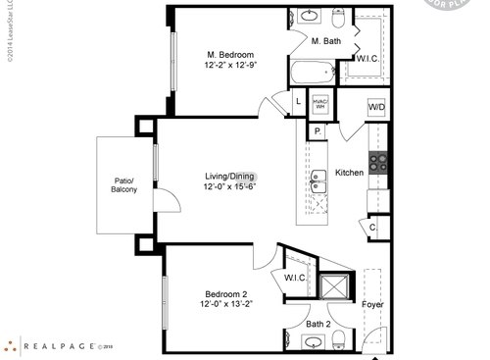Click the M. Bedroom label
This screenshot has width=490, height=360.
pyautogui.click(x=230, y=54)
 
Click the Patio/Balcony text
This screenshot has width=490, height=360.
pyautogui.click(x=124, y=184)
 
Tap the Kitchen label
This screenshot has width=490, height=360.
pyautogui.click(x=350, y=172)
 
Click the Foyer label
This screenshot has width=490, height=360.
pyautogui.click(x=372, y=304)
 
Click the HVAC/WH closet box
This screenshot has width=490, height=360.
pyautogui.click(x=319, y=103)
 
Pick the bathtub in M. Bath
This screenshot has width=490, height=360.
pyautogui.click(x=313, y=72)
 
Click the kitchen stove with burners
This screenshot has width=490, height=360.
pyautogui.click(x=377, y=163)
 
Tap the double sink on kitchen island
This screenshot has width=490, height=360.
pyautogui.click(x=318, y=181)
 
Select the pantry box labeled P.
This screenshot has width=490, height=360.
pyautogui.click(x=318, y=131)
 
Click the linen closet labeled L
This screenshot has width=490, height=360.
pyautogui.click(x=298, y=102)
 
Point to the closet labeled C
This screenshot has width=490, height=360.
pyautogui.click(x=373, y=227)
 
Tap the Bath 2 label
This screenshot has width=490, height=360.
pyautogui.click(x=318, y=323)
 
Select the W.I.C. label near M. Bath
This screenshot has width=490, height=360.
pyautogui.click(x=367, y=59)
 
